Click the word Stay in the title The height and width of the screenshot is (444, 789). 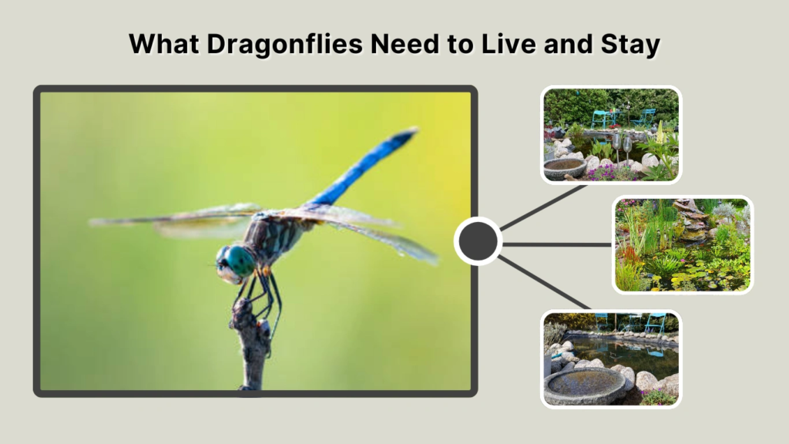click(630, 45)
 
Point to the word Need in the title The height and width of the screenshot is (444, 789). click(400, 45)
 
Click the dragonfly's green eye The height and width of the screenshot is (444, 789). click(240, 261)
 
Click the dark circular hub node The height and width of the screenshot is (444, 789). click(478, 242)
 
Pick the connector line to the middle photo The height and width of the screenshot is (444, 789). click(556, 244)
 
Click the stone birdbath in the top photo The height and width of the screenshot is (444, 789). click(564, 169)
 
